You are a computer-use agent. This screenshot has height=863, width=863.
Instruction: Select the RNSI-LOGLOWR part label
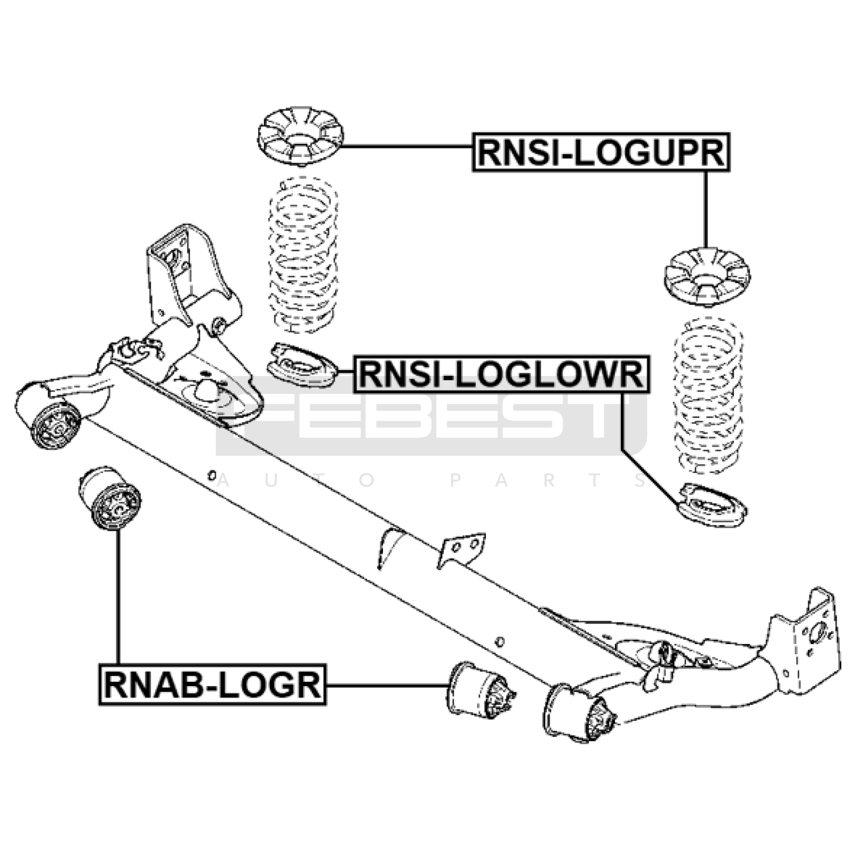[501, 374]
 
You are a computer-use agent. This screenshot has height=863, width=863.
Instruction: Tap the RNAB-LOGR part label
[213, 684]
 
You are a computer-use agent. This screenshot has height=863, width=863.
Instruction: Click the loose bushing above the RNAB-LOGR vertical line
[110, 499]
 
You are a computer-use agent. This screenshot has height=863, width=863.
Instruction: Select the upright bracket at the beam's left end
[172, 272]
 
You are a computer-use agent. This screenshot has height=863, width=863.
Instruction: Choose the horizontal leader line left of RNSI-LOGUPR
[407, 146]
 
